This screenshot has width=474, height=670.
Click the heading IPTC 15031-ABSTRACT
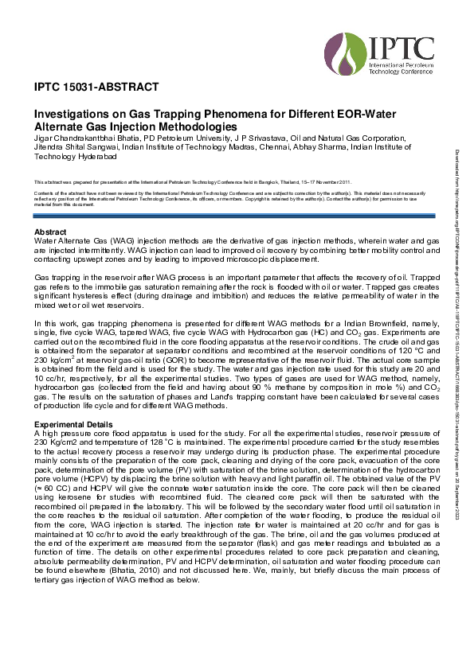click(x=96, y=87)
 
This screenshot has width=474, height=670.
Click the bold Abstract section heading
click(x=52, y=232)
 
